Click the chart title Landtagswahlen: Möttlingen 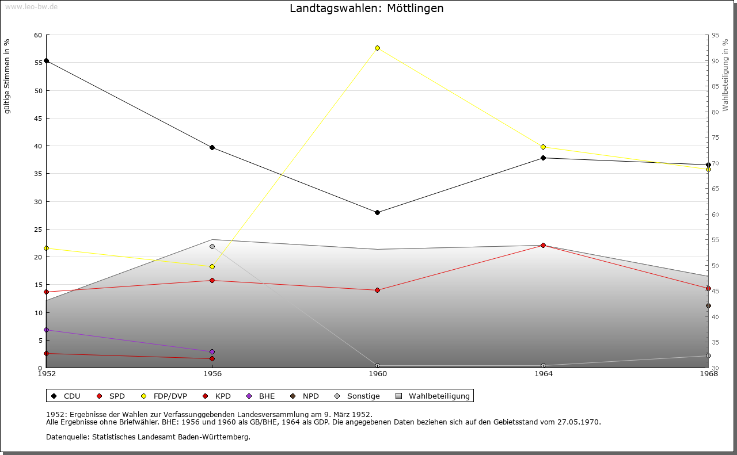[x=367, y=9]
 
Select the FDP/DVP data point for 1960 [x=377, y=48]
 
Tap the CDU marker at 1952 [x=46, y=60]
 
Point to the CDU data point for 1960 [x=377, y=212]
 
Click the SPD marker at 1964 [x=543, y=245]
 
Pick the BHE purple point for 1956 [x=212, y=351]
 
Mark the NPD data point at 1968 [x=708, y=305]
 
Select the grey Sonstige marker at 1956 [x=212, y=246]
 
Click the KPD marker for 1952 [x=46, y=353]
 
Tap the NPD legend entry [x=305, y=396]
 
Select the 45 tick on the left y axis [x=38, y=118]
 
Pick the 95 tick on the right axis [x=715, y=36]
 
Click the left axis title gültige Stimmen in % [x=7, y=76]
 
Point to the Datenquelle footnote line [x=148, y=437]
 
